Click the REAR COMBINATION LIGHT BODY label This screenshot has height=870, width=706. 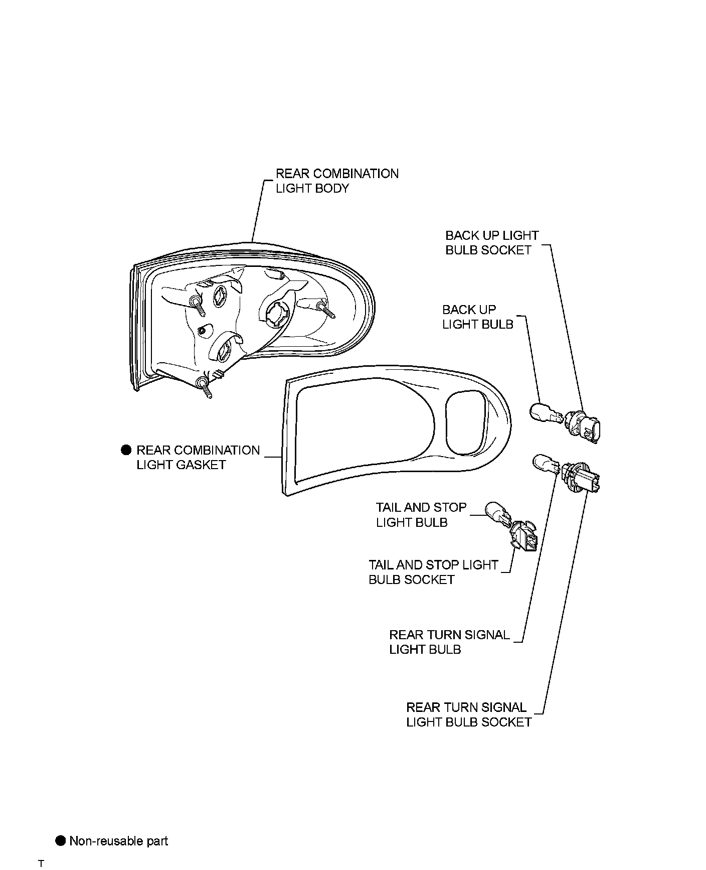337,181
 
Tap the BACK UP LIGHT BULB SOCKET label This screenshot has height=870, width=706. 491,243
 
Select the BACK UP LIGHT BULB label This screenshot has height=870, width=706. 477,317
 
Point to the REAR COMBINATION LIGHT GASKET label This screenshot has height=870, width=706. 198,458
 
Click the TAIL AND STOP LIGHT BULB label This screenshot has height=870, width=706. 421,515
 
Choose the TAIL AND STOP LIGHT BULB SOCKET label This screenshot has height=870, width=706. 433,572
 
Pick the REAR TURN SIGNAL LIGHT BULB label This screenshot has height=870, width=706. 449,642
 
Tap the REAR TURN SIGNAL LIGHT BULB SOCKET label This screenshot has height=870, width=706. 468,715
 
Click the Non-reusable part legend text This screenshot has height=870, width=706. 119,841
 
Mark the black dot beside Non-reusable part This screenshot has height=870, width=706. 61,841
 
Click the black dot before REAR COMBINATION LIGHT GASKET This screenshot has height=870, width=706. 126,450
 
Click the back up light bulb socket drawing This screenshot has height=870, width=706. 585,427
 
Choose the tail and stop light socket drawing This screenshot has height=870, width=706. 524,537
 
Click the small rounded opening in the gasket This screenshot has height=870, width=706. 465,422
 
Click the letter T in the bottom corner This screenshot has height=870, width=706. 41,863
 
